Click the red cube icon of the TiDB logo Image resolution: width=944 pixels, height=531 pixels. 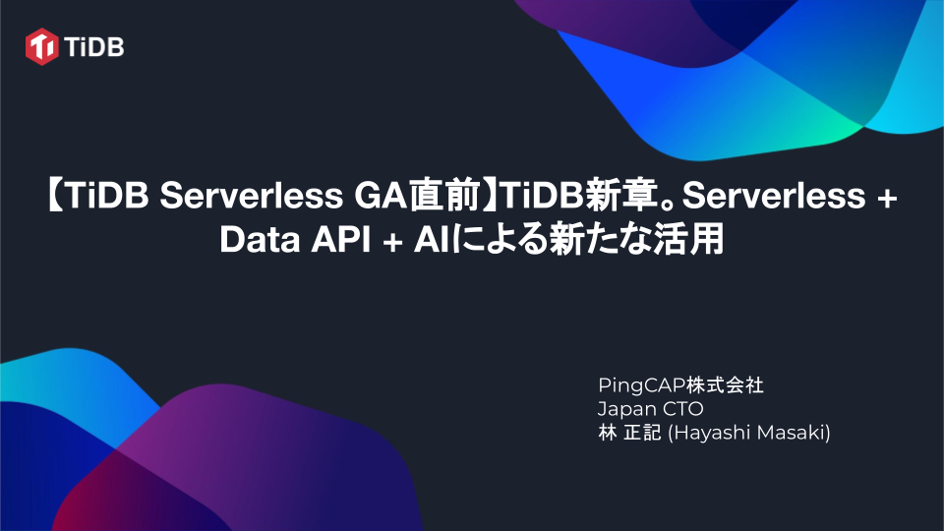tap(43, 45)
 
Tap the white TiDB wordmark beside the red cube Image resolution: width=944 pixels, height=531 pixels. tap(95, 45)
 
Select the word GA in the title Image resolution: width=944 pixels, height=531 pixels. tap(374, 198)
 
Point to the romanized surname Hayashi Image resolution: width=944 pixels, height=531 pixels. tap(707, 433)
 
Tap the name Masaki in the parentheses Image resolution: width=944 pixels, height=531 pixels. tap(793, 433)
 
